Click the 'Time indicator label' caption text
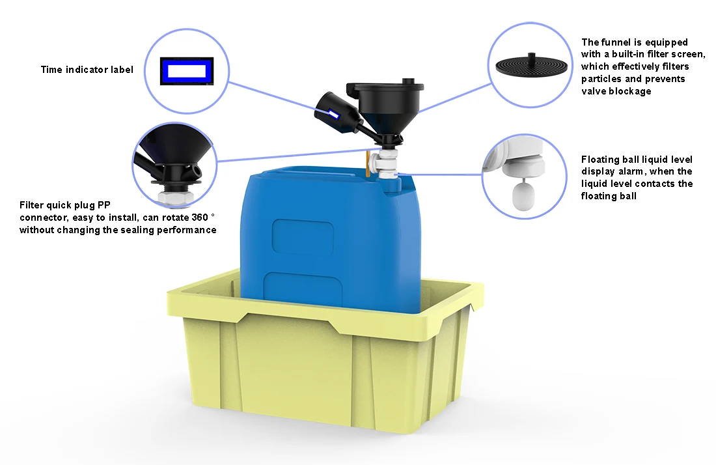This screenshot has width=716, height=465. point(87,70)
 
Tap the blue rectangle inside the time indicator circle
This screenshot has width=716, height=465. point(187,70)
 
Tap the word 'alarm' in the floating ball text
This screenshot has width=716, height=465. point(633,171)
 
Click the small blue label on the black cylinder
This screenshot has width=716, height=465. point(334,115)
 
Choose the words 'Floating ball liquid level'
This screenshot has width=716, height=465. point(637,159)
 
